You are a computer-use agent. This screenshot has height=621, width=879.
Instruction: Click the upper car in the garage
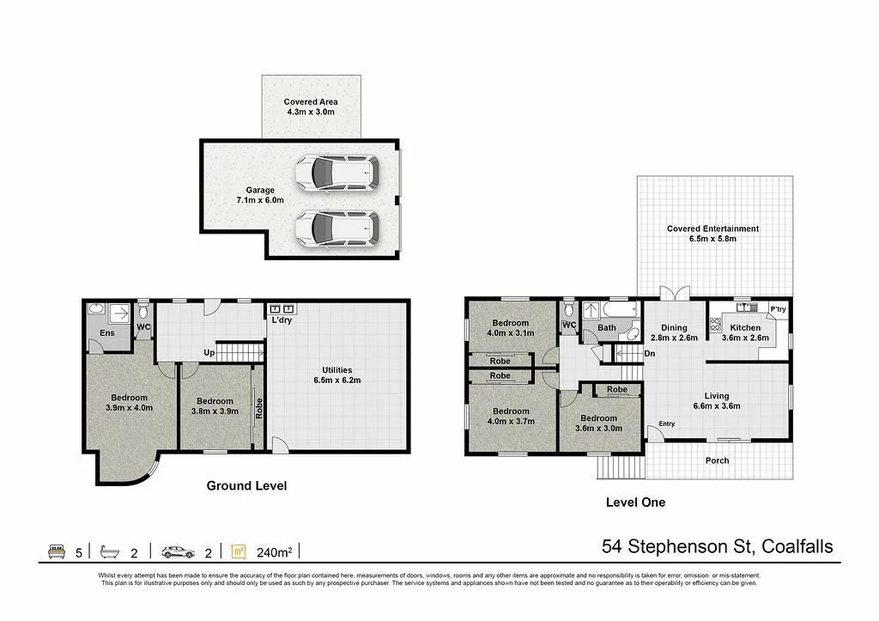(x=336, y=174)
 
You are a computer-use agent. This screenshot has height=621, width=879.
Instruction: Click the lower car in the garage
(x=336, y=228)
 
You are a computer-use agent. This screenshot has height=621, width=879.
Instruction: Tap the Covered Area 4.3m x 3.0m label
(x=310, y=107)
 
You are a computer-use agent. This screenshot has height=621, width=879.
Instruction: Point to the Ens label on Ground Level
(x=107, y=333)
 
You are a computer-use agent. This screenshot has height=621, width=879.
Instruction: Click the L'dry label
(x=281, y=320)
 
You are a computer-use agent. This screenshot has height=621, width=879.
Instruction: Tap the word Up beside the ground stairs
(x=208, y=353)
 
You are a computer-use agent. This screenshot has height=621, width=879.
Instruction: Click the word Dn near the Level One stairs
(x=650, y=353)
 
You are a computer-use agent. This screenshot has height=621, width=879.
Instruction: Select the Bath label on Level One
(x=607, y=327)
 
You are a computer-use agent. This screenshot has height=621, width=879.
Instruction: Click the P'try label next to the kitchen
(x=778, y=309)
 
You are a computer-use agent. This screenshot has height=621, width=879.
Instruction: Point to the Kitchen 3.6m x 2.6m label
(x=744, y=333)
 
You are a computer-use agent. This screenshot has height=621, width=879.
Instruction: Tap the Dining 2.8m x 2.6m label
(x=674, y=333)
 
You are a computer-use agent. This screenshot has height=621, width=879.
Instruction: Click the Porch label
(x=718, y=460)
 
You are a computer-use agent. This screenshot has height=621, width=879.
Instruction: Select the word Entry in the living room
(x=667, y=423)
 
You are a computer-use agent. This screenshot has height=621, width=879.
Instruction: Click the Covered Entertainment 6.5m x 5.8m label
(x=712, y=234)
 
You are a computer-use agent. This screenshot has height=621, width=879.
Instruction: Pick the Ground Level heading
(x=246, y=486)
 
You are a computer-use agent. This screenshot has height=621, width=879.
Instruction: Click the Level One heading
(x=635, y=502)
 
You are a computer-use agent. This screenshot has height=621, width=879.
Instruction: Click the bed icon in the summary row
(x=56, y=551)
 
